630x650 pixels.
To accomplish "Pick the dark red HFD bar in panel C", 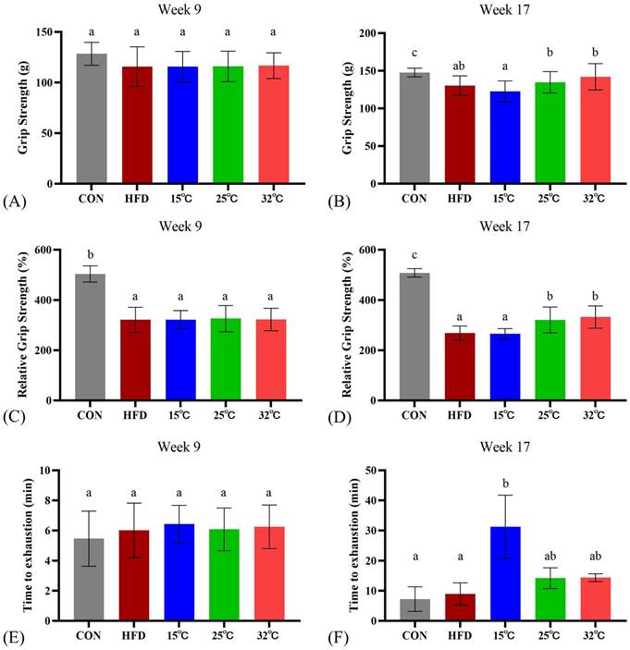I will click(138, 361).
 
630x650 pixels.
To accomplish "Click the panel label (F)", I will click(331, 635).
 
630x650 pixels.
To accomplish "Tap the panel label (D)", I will click(332, 416).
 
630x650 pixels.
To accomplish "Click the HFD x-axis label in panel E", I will click(138, 636).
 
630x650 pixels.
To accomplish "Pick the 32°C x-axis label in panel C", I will click(273, 416).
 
